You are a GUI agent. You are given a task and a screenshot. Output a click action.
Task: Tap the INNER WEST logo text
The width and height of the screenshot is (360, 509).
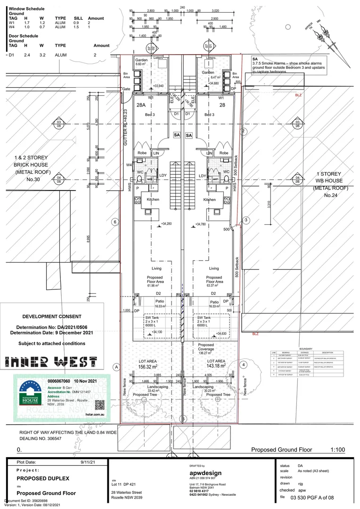[51, 362]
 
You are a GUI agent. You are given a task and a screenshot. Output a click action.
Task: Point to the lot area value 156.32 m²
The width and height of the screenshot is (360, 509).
[148, 365]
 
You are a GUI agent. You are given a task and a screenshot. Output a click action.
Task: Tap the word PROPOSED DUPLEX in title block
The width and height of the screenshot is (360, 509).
[43, 478]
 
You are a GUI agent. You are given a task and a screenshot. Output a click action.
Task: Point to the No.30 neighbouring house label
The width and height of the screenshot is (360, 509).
[31, 179]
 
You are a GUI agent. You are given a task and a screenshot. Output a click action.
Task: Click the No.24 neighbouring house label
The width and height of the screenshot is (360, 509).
[330, 195]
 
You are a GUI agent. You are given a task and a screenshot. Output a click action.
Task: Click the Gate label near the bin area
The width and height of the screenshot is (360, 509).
[126, 89]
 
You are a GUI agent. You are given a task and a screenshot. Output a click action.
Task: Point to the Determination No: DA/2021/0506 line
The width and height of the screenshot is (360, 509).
[52, 327]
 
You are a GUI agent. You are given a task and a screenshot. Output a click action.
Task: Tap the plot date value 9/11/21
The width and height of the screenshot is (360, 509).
[88, 463]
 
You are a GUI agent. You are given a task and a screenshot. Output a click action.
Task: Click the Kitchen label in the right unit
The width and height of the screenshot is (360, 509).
[210, 200]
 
